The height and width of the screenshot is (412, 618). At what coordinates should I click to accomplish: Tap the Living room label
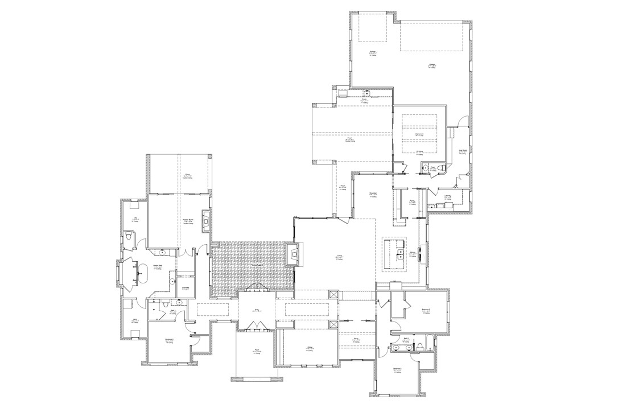coord(339,257)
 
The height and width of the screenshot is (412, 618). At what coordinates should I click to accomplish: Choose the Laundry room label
coord(447,197)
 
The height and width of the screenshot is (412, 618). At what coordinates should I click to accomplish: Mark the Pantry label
coord(411,201)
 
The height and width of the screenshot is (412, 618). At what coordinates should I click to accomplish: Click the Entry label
coord(257,311)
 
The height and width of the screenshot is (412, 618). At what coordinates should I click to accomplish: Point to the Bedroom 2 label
coord(169,340)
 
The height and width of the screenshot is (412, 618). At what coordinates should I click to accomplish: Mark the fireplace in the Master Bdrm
coord(207,220)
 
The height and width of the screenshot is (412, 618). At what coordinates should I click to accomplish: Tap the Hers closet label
coord(135,320)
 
